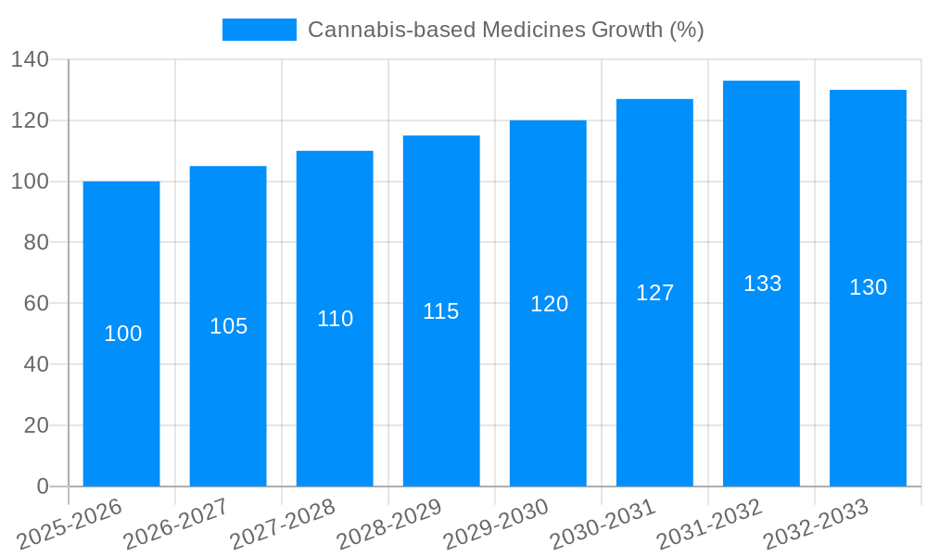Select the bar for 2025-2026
[x=121, y=334]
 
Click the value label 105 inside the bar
[x=228, y=326]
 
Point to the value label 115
[x=441, y=311]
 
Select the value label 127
[x=654, y=293]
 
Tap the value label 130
[x=868, y=287]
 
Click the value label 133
[x=762, y=284]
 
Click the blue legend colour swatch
[x=260, y=30]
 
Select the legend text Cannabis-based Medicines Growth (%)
[x=505, y=30]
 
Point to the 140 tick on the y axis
[x=30, y=60]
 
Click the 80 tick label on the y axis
[x=35, y=243]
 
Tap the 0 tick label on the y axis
[x=43, y=486]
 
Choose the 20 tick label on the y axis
[x=35, y=425]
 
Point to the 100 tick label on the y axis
[x=30, y=182]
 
